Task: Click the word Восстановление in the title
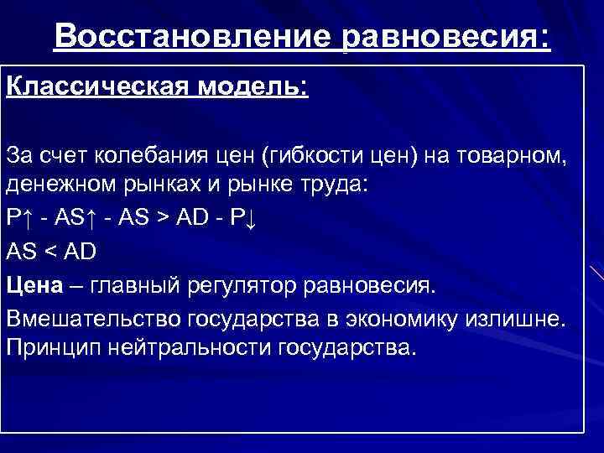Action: click(x=195, y=36)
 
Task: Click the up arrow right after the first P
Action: click(x=28, y=217)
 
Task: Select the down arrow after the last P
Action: click(x=258, y=217)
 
